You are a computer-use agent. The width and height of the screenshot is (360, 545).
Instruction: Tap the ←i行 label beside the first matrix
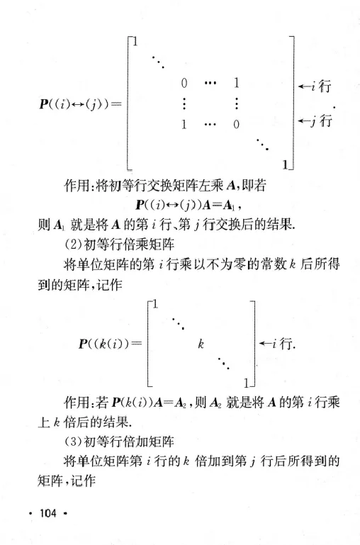pos(317,89)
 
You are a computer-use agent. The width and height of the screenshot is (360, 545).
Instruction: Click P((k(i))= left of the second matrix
pos(104,344)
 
